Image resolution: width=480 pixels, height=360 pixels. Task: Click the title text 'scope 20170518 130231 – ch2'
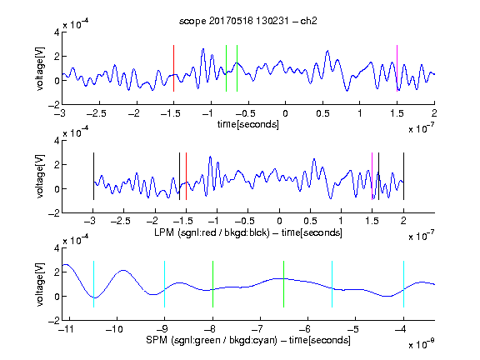(247, 21)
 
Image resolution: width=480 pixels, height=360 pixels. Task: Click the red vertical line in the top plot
(173, 68)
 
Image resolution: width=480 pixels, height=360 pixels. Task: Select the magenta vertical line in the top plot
(397, 68)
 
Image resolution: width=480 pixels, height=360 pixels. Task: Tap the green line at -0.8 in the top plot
(226, 68)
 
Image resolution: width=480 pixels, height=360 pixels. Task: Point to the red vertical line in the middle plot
(186, 176)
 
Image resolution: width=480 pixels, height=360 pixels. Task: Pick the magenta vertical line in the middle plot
(372, 176)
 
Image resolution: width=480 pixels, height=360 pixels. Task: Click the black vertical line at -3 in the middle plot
(93, 176)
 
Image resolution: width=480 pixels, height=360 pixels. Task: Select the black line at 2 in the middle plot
(403, 176)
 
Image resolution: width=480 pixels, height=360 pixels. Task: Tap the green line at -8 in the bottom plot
(212, 284)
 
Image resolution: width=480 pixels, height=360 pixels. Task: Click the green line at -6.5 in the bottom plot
(284, 284)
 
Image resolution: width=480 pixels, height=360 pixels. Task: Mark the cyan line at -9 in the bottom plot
(164, 284)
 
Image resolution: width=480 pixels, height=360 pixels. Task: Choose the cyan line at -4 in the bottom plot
(403, 284)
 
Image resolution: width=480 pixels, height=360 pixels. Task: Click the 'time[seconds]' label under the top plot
(248, 124)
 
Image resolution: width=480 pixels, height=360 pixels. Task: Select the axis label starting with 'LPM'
(248, 232)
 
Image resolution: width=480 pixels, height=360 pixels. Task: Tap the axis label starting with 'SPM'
(248, 340)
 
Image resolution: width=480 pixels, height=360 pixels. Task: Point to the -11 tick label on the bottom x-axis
(65, 329)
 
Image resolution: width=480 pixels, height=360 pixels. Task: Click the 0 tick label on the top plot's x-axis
(285, 113)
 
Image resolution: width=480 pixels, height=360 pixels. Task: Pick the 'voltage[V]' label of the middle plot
(40, 177)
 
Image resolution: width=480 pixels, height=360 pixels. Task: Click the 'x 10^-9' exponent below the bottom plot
(421, 344)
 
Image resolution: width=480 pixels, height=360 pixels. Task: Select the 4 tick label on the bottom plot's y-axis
(57, 248)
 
